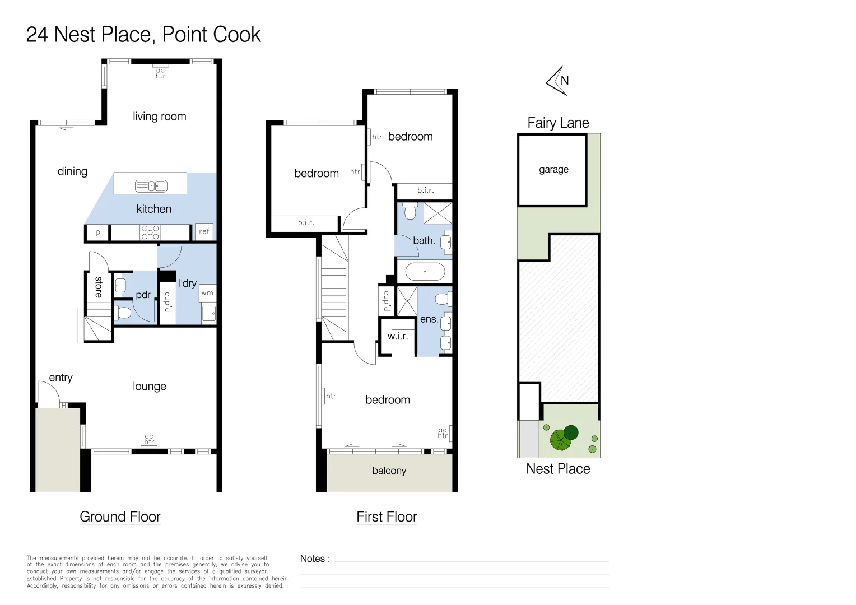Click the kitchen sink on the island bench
pos(151,186)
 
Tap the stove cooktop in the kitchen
pos(150,232)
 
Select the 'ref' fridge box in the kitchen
pos(204,231)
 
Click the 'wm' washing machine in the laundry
pos(207,293)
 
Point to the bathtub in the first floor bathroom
pos(425,272)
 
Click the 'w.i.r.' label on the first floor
pos(397,336)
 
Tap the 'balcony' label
pos(389,471)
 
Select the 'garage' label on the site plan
pos(553,170)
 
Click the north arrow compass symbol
pos(557,81)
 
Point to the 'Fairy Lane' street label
pos(558,123)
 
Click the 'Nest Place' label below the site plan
pos(558,468)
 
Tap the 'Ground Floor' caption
pos(120,516)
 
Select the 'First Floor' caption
pos(387,516)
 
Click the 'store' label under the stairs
pos(99,287)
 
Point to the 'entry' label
pos(61,378)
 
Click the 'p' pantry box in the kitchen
pos(98,232)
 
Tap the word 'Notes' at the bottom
pos(312,559)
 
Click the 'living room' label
pos(159,116)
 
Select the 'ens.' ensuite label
pos(429,319)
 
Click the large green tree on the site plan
pos(561,440)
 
